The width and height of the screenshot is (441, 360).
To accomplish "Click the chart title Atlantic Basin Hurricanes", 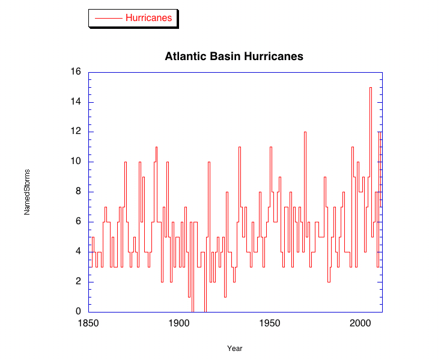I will (x=234, y=56).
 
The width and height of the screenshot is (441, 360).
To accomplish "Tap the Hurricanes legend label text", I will (x=148, y=18).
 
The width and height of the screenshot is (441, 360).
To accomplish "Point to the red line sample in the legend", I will (x=109, y=18).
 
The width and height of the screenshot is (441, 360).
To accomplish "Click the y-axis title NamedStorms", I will (x=27, y=192).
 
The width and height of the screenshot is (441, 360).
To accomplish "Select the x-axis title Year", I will (x=235, y=349).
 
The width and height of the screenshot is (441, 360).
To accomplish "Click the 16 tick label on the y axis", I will (x=76, y=72).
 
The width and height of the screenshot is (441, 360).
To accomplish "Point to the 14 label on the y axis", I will (x=76, y=102).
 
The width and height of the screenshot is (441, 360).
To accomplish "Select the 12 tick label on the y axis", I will (x=76, y=132).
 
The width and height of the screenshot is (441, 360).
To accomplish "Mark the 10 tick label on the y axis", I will (x=76, y=162).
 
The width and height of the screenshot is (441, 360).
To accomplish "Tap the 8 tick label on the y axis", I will (x=78, y=192).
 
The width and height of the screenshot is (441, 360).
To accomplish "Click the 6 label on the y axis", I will (x=78, y=222).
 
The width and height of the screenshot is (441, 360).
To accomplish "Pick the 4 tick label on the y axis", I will (x=78, y=252).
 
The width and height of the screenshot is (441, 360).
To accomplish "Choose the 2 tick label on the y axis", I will (x=78, y=282).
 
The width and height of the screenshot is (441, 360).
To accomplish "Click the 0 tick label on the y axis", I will (x=78, y=311).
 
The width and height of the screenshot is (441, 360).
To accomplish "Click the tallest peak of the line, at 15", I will (x=371, y=87).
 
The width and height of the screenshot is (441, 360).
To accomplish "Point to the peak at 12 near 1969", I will (x=305, y=132).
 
